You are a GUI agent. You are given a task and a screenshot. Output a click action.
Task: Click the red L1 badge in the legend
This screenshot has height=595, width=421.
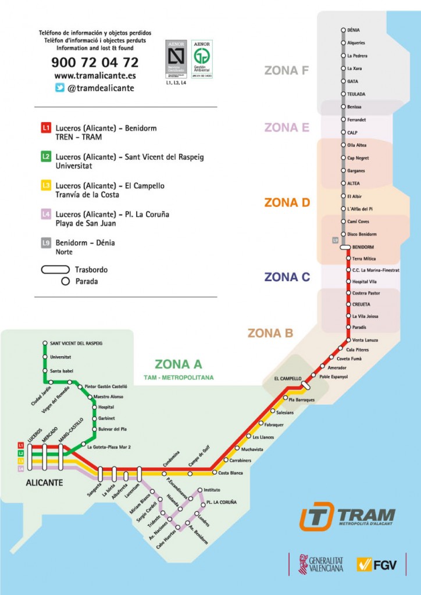pyautogui.click(x=46, y=128)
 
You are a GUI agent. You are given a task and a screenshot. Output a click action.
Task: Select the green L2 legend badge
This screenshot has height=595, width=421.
pyautogui.click(x=46, y=157)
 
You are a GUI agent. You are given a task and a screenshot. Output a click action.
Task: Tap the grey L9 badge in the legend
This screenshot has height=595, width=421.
pyautogui.click(x=46, y=243)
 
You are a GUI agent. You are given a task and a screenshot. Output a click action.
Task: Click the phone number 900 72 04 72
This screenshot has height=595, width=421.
pyautogui.click(x=95, y=62)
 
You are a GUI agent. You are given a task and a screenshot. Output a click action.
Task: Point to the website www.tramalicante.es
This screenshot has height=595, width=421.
pyautogui.click(x=95, y=76)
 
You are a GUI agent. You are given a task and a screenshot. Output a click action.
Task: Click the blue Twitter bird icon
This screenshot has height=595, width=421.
pyautogui.click(x=59, y=88)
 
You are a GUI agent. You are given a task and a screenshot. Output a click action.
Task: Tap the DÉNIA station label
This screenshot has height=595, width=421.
pyautogui.click(x=353, y=30)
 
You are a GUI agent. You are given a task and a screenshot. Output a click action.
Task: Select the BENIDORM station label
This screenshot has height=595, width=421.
pyautogui.click(x=363, y=247)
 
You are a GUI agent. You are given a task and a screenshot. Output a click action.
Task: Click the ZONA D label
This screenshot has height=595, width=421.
pyautogui.click(x=287, y=203)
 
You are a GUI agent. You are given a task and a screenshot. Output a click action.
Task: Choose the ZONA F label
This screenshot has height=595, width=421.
pyautogui.click(x=286, y=70)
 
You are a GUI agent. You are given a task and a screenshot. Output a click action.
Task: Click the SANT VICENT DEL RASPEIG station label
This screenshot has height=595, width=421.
pyautogui.click(x=76, y=343)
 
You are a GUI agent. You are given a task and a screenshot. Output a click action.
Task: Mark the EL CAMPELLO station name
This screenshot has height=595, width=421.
pyautogui.click(x=288, y=379)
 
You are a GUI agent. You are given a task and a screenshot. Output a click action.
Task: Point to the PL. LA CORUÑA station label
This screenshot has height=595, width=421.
pyautogui.click(x=222, y=502)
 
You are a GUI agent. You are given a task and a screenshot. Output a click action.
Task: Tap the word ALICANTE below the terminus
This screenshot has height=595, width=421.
pyautogui.click(x=44, y=483)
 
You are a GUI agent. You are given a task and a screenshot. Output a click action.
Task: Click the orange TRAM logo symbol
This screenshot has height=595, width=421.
pyautogui.click(x=316, y=516)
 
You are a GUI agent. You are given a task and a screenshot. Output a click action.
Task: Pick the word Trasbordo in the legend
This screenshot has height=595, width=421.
pyautogui.click(x=91, y=270)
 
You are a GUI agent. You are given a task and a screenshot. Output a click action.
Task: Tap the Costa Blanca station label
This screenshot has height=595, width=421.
pyautogui.click(x=230, y=473)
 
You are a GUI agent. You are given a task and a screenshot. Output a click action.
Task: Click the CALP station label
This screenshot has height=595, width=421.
pyautogui.click(x=353, y=132)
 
